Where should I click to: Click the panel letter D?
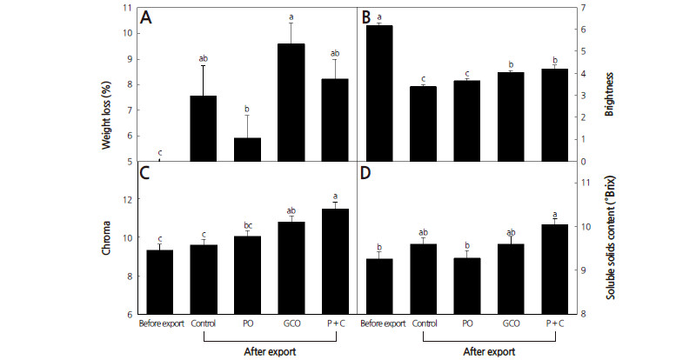(366, 171)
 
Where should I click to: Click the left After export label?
(271, 352)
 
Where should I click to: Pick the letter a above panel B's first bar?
(381, 17)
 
